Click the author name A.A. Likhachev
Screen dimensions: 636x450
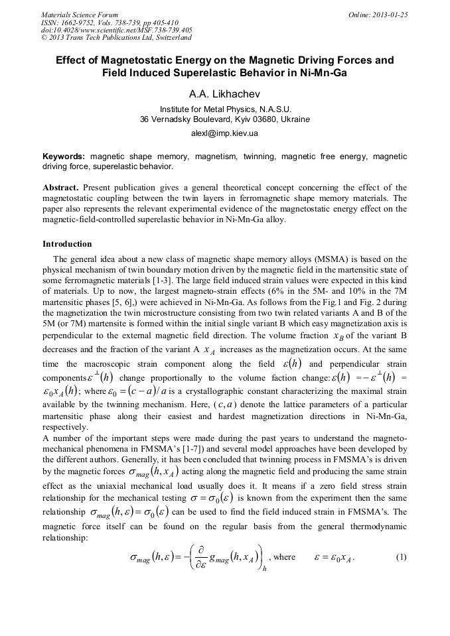click(224, 94)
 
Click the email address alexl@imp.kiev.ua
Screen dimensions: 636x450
click(224, 133)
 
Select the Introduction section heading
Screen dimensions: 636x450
click(67, 244)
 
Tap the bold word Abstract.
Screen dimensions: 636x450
click(60, 188)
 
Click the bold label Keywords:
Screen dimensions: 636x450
click(64, 157)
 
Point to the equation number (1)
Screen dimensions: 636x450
click(400, 557)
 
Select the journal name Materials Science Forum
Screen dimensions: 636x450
click(80, 15)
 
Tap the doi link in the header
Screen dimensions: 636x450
click(117, 30)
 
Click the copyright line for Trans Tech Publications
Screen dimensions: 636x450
click(116, 37)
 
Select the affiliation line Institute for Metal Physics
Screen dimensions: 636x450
click(224, 109)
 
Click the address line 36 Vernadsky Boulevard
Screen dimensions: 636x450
click(224, 119)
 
